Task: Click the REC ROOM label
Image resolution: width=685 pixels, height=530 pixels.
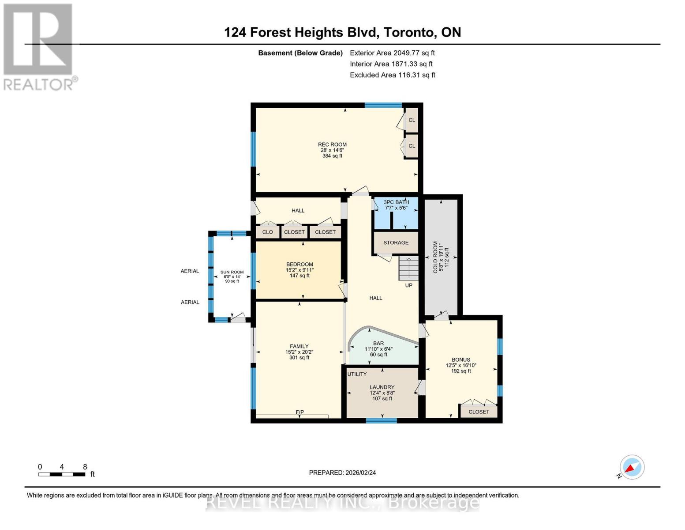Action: [x=332, y=145]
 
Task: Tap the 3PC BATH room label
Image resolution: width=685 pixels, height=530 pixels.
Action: [x=396, y=202]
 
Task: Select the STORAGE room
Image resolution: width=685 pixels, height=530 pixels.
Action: [x=396, y=242]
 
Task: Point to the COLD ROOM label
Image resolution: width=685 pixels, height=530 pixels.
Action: [x=435, y=257]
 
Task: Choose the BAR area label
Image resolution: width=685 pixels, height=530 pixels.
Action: [x=378, y=343]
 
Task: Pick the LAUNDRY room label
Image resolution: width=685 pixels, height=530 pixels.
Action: [x=382, y=387]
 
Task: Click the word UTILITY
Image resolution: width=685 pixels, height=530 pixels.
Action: [x=357, y=374]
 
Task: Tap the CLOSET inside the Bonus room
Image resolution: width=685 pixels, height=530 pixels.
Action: [x=479, y=412]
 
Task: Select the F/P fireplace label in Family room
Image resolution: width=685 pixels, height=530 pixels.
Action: [x=299, y=412]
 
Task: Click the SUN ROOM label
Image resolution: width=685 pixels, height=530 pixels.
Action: [x=232, y=273]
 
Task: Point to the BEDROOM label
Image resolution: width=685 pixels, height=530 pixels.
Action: [x=299, y=265]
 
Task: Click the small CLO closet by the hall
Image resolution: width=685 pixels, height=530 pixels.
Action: [x=267, y=232]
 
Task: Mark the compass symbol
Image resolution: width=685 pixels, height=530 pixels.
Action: [x=632, y=467]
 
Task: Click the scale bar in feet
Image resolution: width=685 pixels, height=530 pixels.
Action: [x=62, y=474]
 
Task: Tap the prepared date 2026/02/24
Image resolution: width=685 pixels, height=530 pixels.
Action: [x=342, y=473]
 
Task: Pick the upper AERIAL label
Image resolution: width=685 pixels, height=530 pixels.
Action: [x=190, y=271]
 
